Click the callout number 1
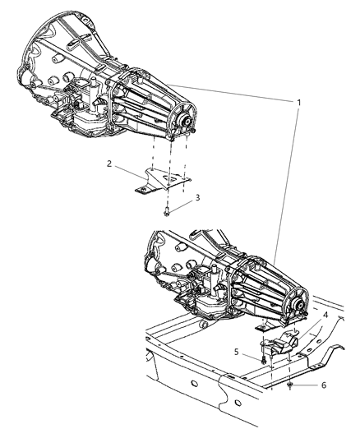298,103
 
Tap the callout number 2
109,164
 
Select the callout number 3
197,198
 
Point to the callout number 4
325,315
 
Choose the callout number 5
236,352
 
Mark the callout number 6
324,385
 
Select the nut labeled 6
290,385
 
